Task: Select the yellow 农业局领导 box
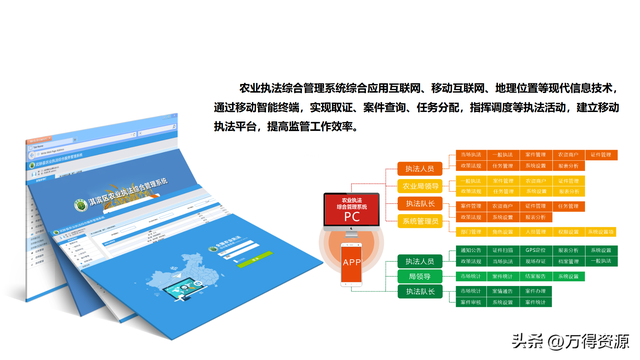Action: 421,186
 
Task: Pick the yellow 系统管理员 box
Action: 421,220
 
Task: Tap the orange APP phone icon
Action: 351,262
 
